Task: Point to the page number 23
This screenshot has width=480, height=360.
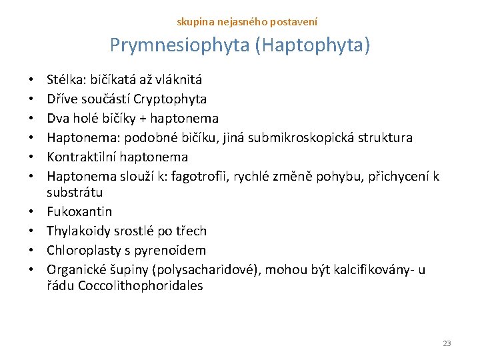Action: [447, 343]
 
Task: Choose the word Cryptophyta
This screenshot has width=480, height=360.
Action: [170, 99]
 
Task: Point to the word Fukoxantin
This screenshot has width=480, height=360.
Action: [79, 211]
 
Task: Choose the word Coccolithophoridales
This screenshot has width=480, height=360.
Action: [141, 286]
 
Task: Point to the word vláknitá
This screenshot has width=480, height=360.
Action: [179, 80]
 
